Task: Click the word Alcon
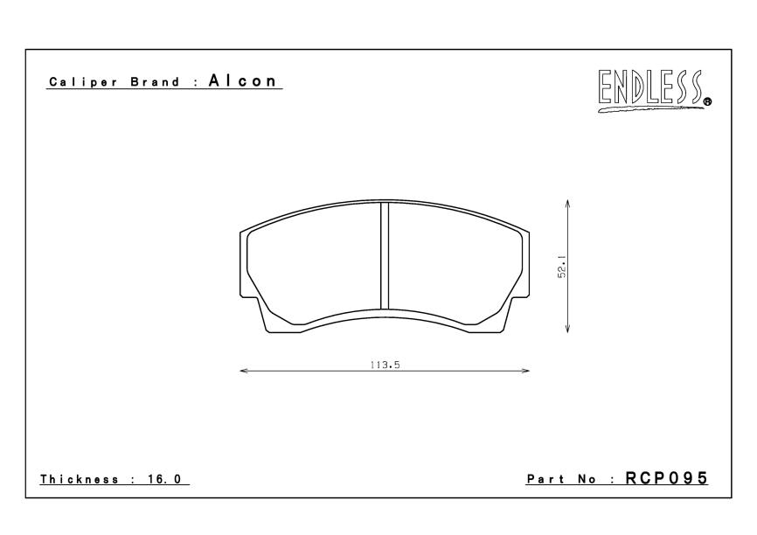[243, 80]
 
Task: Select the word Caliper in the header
[83, 82]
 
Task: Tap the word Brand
[155, 81]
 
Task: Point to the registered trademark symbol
[708, 102]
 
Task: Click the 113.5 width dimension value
[385, 365]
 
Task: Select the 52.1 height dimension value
[561, 266]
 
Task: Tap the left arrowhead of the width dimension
[244, 371]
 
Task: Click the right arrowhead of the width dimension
[525, 371]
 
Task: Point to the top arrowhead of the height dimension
[568, 204]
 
